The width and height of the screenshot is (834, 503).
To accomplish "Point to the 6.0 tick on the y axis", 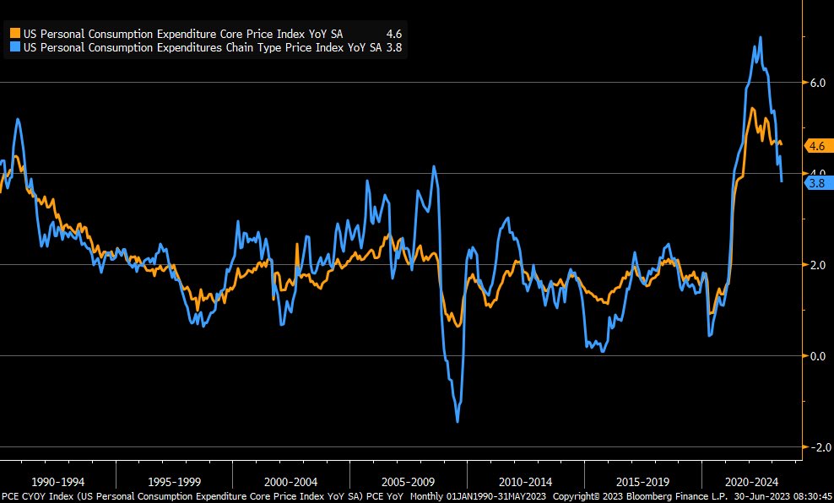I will click(x=817, y=83).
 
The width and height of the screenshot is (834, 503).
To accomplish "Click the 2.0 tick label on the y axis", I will click(x=817, y=265).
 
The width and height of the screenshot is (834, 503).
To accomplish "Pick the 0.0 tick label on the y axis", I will click(x=817, y=356).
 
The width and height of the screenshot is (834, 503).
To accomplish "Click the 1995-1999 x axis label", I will click(x=175, y=482).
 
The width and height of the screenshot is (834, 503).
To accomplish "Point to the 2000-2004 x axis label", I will click(x=291, y=482).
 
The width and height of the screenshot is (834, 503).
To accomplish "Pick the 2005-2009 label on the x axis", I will click(x=408, y=482).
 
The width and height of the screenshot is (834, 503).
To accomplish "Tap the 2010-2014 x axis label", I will click(x=525, y=482).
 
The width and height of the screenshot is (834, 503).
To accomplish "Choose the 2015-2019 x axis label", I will click(x=642, y=482).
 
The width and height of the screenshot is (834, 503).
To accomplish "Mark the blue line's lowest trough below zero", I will click(x=458, y=421).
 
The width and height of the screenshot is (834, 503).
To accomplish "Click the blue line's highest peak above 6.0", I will click(x=761, y=37).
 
